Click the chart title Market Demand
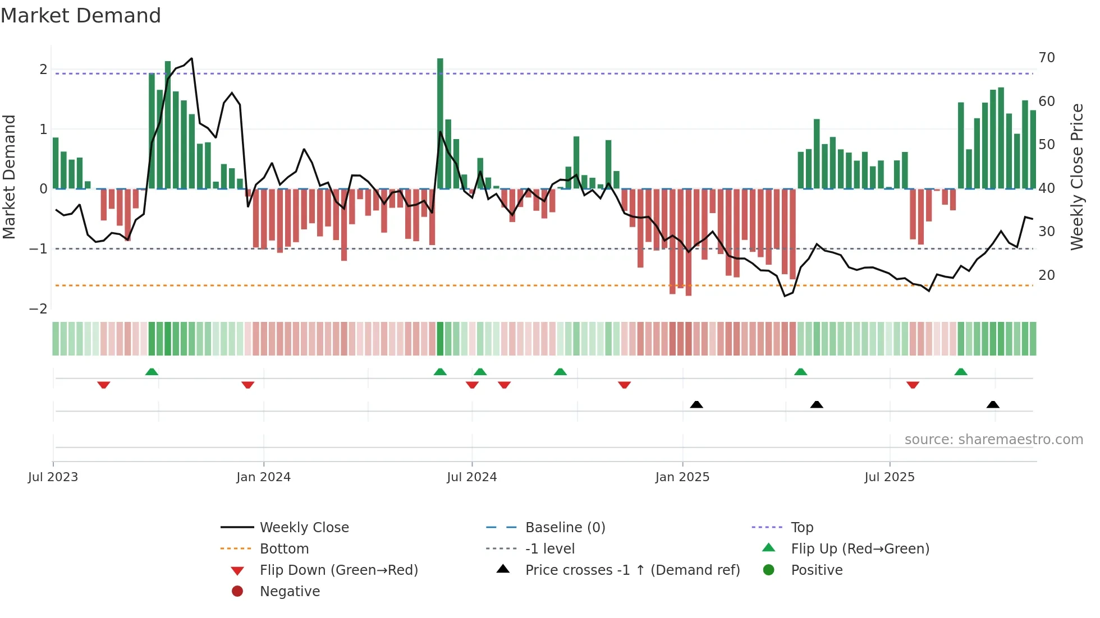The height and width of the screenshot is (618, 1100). [81, 16]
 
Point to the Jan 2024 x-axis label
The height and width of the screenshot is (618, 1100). [263, 477]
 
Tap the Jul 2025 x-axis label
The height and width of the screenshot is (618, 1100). [890, 477]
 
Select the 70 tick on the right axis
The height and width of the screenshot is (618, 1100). [1047, 58]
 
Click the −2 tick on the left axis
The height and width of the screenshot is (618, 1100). [38, 309]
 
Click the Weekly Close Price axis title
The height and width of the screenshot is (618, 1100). [1076, 177]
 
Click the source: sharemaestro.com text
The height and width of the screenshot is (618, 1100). [993, 440]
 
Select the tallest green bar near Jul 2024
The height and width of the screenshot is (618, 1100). [440, 123]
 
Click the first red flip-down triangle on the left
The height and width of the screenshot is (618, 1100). [103, 385]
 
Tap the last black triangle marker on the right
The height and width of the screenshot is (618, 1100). [993, 404]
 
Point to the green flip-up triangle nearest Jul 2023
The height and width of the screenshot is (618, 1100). [152, 371]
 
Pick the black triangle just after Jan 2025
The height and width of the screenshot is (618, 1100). [696, 404]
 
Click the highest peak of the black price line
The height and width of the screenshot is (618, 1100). [192, 58]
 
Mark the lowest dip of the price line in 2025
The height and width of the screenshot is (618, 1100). [785, 296]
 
